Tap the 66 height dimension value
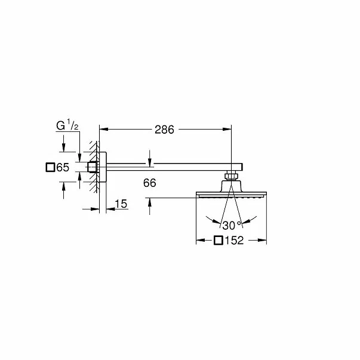149,184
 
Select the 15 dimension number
121,204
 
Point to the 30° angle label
230,226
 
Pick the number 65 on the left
63,168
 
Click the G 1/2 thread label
67,126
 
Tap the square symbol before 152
219,241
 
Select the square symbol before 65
51,168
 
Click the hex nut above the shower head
232,176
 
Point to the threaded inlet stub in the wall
93,168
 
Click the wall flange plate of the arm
103,168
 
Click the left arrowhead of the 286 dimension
102,129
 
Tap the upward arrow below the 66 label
149,201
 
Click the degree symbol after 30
239,223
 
